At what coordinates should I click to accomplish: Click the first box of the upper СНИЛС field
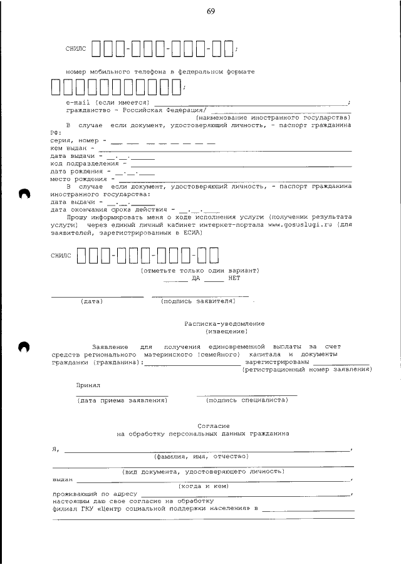97,48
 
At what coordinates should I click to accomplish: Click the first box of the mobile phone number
56,87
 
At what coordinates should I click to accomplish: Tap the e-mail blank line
250,103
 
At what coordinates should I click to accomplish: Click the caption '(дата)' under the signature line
91,301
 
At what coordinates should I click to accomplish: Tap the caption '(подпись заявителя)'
198,301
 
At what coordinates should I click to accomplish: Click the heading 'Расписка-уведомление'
224,324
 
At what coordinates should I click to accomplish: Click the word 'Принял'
88,385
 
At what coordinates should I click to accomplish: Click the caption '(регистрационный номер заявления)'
306,370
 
